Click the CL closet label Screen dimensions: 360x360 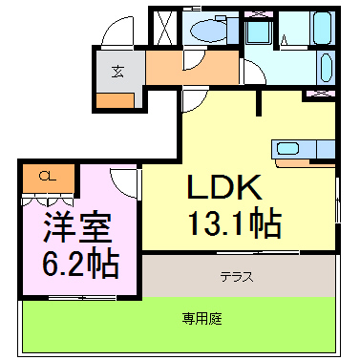44,176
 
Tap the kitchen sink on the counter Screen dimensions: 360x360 289,148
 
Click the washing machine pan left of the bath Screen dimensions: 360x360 258,34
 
